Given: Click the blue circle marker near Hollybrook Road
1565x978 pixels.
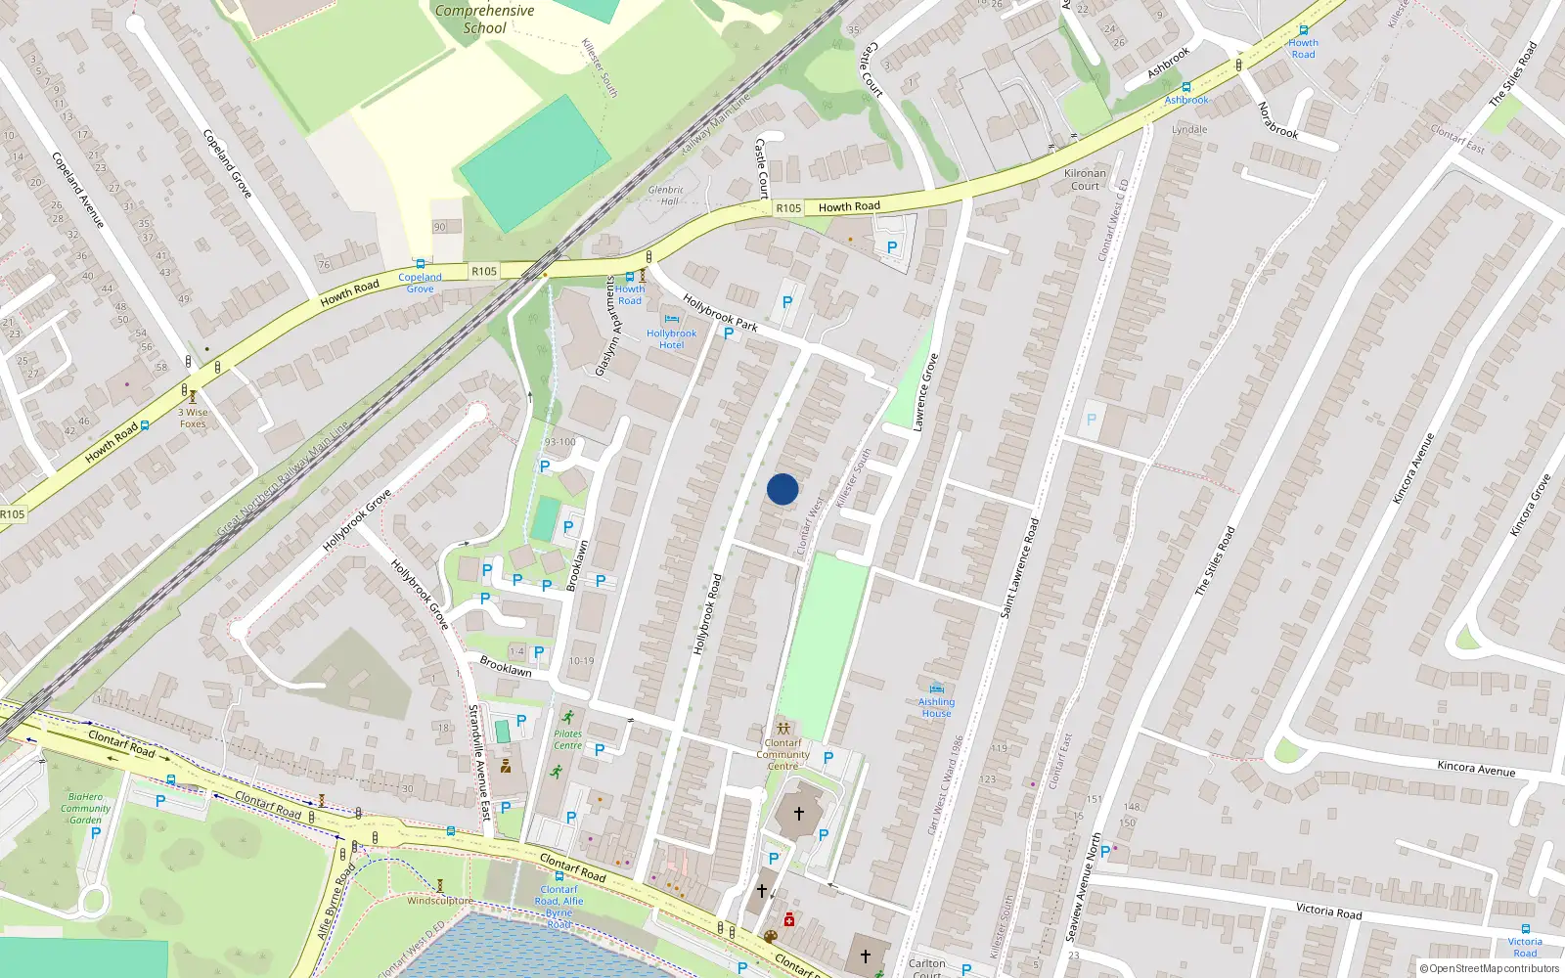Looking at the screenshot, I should (782, 489).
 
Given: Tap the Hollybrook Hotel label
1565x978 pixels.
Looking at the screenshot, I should (671, 339).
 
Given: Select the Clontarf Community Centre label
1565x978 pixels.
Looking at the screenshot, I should (782, 754).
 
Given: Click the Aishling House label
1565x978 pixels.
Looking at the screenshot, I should (936, 707).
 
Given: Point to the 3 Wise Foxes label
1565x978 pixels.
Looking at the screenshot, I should (193, 418).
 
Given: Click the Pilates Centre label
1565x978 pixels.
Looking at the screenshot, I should (567, 739).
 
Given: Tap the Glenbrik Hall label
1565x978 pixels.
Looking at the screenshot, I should (666, 196).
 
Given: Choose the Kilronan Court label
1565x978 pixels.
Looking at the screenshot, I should (1085, 179).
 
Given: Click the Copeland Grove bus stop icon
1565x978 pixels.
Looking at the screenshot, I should (420, 264).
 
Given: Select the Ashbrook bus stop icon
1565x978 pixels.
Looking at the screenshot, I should (1186, 87).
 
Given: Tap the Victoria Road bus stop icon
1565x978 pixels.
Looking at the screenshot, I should (1525, 929).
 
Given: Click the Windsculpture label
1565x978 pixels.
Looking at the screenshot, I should (440, 901).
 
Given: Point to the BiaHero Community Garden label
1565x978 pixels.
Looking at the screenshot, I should (86, 808).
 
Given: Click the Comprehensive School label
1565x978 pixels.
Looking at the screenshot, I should (484, 19).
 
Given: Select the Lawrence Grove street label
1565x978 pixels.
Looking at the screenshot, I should (925, 391).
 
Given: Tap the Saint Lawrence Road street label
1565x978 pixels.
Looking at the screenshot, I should (1020, 567).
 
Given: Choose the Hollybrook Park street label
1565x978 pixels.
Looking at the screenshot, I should (720, 312).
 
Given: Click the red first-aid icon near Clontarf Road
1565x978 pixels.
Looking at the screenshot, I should (789, 919).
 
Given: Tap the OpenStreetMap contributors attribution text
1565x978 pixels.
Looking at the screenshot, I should (1490, 968).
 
